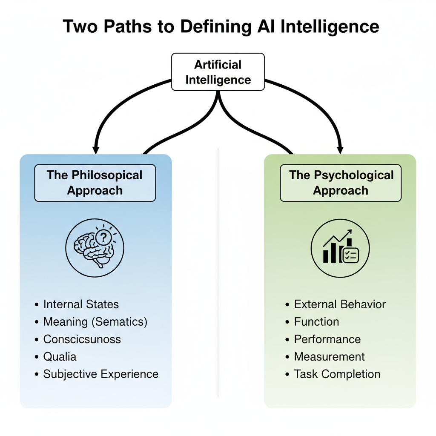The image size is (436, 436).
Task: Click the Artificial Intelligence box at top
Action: coord(218,72)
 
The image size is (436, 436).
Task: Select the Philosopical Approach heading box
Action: coord(95,183)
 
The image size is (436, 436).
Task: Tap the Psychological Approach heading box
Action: coord(341,183)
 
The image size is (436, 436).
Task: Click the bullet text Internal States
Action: coord(81,304)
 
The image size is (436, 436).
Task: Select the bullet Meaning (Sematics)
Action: coord(95,322)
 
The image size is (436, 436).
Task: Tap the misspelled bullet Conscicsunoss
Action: coord(82,339)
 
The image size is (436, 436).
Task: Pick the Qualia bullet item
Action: coord(60,357)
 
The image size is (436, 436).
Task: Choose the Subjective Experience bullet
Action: coord(100,374)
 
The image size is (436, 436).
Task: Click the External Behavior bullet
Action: coord(340,304)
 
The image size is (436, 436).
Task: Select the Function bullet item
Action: coord(316,322)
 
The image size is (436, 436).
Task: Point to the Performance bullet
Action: coord(327,339)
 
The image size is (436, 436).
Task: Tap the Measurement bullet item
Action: coord(329,357)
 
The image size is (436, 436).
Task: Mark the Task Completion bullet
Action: coord(337,374)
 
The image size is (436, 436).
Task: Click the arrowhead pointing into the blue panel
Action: coord(96,149)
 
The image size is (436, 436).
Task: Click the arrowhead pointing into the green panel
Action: coord(340,149)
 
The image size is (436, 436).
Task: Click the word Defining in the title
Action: coord(215,26)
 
